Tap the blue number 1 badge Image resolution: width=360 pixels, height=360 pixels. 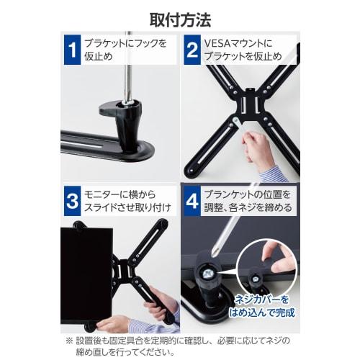[72, 51]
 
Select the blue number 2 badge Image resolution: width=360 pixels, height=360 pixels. [192, 51]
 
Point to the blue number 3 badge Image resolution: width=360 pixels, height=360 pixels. [72, 201]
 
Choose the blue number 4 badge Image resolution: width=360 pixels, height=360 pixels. [192, 201]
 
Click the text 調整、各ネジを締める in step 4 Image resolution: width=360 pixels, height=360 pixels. [248, 208]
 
